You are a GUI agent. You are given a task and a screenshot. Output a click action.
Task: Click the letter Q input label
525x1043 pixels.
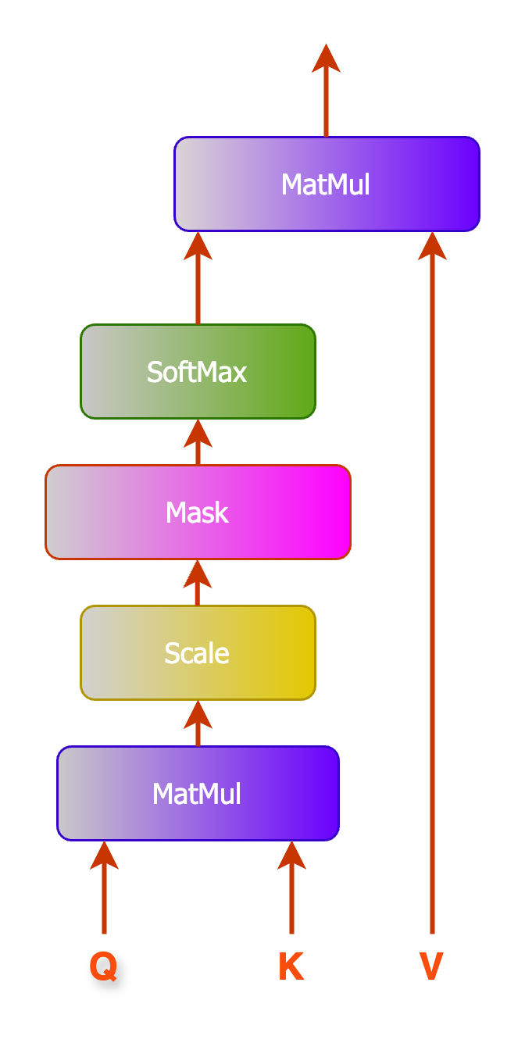tap(103, 966)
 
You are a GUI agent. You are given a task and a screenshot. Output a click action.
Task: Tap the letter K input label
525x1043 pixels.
tap(291, 966)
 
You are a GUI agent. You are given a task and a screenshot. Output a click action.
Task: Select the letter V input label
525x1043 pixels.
tap(431, 966)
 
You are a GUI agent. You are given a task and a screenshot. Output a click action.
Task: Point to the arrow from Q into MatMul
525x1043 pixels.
tap(104, 891)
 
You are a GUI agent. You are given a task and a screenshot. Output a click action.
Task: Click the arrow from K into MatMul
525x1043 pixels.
tap(291, 891)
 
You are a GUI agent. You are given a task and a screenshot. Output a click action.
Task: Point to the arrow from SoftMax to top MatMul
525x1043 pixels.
tap(198, 281)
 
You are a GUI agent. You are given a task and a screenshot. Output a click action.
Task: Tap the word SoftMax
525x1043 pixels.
tap(197, 373)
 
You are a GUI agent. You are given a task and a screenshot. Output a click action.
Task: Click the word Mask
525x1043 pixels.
tap(197, 513)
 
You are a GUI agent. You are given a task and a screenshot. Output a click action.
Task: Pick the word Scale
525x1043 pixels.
tap(197, 654)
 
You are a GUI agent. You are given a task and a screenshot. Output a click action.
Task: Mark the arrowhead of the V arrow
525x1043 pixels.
tap(432, 246)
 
